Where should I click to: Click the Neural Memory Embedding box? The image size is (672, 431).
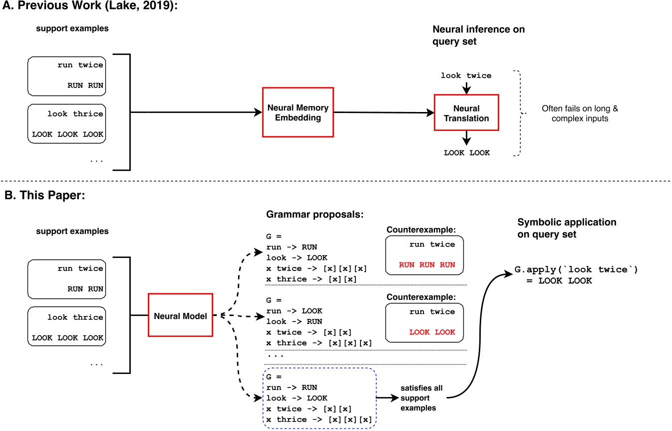298,112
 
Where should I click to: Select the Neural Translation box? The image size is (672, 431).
466,113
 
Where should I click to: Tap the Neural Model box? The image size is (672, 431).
181,316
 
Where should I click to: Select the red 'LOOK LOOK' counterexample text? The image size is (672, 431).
432,332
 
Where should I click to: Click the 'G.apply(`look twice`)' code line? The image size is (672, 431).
577,270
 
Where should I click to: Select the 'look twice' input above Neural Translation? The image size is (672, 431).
466,75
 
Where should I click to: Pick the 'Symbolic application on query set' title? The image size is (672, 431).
566,227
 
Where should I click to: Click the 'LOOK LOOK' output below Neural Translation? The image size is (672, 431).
466,152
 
